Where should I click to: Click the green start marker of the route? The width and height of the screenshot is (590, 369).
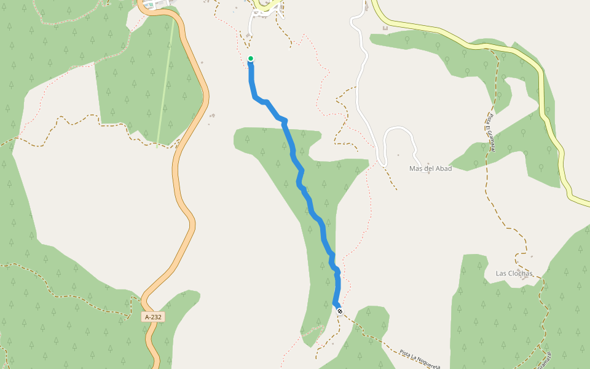click(x=251, y=59)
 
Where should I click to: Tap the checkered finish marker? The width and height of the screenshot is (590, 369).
click(x=339, y=311)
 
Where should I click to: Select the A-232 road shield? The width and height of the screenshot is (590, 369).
click(x=154, y=317)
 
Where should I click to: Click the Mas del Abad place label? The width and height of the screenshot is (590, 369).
click(x=430, y=169)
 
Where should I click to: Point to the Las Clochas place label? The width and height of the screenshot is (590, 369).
click(x=514, y=273)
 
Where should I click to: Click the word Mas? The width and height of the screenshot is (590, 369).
click(x=415, y=169)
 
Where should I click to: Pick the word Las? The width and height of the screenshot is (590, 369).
click(x=502, y=273)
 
